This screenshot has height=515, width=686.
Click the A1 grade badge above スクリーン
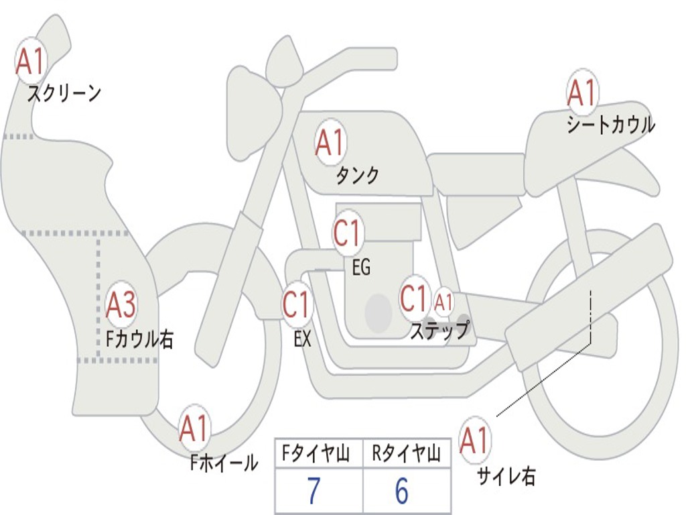(30, 62)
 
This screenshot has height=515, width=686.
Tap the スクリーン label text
(64, 93)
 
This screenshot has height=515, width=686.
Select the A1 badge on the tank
(330, 142)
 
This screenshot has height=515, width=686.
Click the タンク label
(357, 176)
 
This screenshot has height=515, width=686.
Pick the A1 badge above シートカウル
(581, 93)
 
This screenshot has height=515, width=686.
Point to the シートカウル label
(610, 125)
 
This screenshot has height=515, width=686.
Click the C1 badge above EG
(347, 234)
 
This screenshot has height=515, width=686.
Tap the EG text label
(360, 268)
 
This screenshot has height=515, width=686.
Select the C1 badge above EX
(297, 304)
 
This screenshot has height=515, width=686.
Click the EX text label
(302, 339)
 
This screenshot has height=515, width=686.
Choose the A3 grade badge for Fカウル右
(121, 306)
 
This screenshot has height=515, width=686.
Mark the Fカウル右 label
(139, 339)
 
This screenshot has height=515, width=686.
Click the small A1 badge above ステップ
(443, 302)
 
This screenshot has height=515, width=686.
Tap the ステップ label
(439, 331)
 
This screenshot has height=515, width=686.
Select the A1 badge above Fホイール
(194, 428)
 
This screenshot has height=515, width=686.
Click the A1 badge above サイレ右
(475, 441)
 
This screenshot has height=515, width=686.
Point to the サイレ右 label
(506, 476)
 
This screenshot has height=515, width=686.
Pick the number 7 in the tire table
(314, 492)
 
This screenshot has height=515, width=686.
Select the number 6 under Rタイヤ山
(401, 492)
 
